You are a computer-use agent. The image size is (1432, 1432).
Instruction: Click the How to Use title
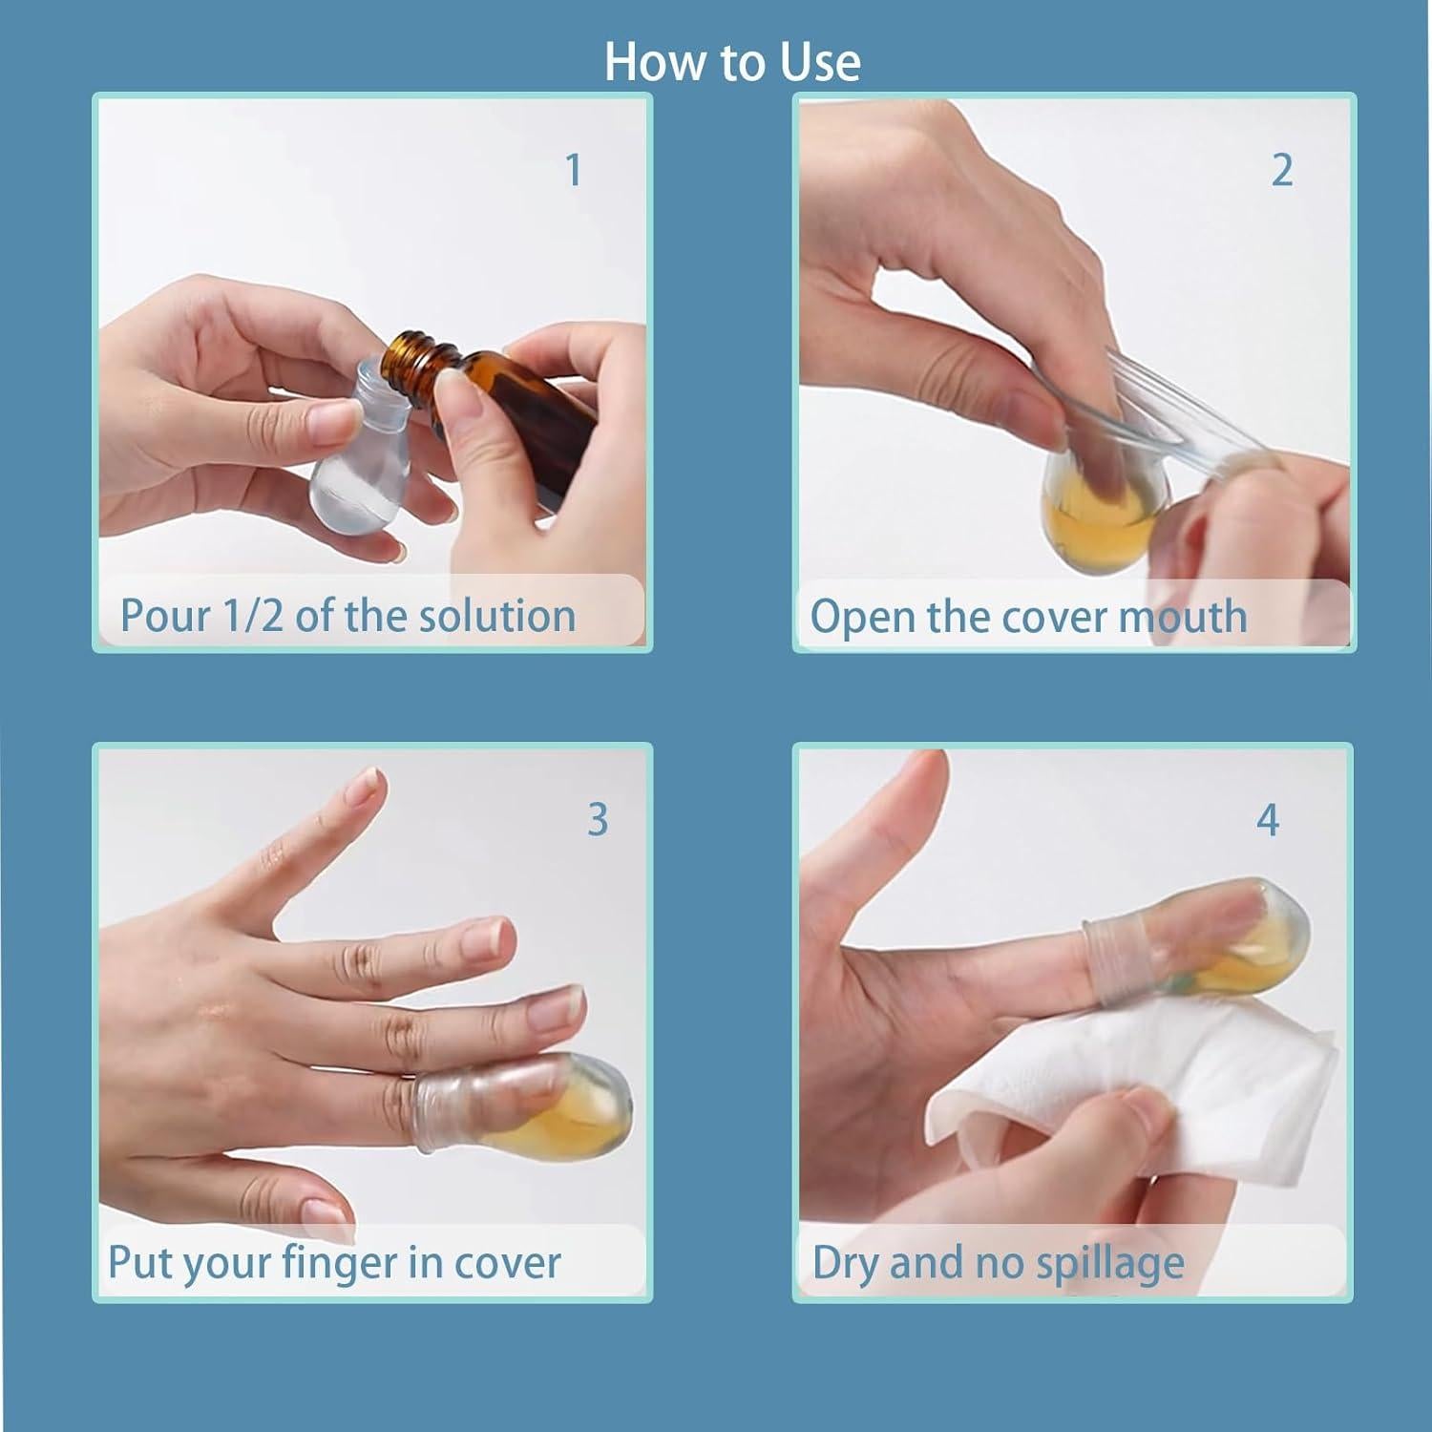[x=732, y=62]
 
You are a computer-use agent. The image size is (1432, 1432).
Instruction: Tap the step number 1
[x=573, y=171]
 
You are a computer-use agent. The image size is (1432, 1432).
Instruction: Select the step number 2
[x=1282, y=171]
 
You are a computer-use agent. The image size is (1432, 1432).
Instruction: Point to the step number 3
[x=598, y=820]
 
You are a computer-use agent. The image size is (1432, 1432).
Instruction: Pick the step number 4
[x=1267, y=820]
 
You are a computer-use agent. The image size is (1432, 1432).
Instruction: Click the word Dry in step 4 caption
[x=845, y=1264]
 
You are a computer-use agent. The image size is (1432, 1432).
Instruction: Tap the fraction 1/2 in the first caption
[x=252, y=616]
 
